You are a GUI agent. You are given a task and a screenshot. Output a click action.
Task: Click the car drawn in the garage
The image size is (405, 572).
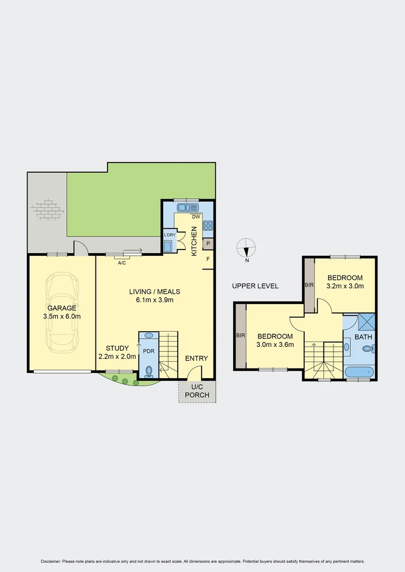[x=62, y=312]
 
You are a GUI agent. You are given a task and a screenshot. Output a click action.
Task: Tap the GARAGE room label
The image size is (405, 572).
[x=62, y=308]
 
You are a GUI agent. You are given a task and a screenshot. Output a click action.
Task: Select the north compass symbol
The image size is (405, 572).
[x=246, y=249]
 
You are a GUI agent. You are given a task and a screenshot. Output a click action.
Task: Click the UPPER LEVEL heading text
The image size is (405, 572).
[x=255, y=286]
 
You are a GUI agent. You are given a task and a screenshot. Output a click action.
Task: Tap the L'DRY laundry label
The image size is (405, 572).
[x=170, y=235]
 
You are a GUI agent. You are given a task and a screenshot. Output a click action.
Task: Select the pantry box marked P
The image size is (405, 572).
[x=208, y=244]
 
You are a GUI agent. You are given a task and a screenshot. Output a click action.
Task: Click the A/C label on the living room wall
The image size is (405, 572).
[x=121, y=263]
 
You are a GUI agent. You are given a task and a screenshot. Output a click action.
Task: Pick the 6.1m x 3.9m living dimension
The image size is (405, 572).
[x=155, y=300]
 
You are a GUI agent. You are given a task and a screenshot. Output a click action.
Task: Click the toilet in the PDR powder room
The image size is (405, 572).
[x=148, y=371]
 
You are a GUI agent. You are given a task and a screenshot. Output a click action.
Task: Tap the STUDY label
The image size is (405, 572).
[x=117, y=348]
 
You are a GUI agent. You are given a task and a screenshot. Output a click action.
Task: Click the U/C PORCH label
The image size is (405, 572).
[x=197, y=391]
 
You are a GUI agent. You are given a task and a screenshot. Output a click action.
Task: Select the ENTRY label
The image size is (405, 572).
[x=196, y=359]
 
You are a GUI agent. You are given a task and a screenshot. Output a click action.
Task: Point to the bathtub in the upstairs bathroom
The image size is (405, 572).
[x=359, y=373]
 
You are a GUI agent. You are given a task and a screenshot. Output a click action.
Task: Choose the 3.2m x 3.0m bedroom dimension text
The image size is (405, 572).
[x=345, y=286]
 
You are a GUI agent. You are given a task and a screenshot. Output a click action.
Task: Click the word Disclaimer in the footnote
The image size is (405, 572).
[x=51, y=561]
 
